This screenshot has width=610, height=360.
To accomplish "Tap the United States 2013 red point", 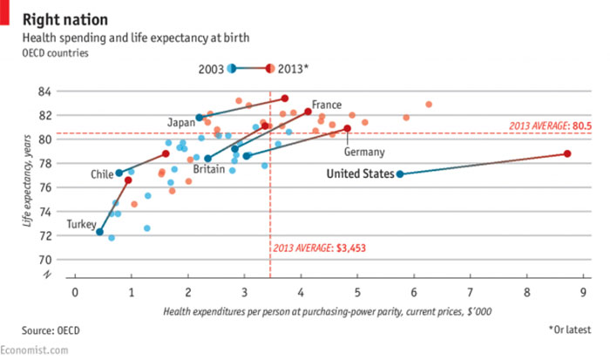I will [567, 153].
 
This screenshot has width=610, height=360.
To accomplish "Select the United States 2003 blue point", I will [399, 174].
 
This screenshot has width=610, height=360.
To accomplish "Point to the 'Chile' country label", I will [102, 174].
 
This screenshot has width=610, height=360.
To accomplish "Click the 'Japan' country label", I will [180, 121].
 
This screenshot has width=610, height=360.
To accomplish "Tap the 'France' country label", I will [326, 104].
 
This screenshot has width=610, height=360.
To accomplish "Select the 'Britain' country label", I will [210, 168].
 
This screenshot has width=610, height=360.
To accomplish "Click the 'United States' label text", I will [359, 174].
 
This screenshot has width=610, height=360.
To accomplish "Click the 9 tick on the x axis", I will [582, 290].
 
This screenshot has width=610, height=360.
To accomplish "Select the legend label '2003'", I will [211, 69].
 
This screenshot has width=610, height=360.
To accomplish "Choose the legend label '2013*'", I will [293, 69].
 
